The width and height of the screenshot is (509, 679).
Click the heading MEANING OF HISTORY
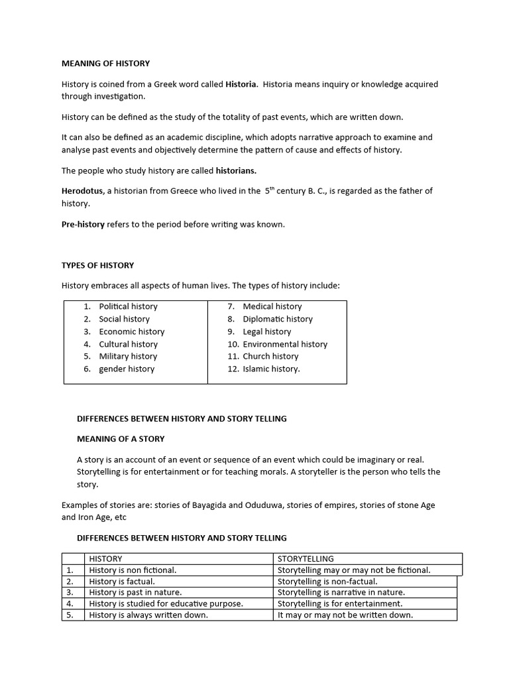tap(105, 64)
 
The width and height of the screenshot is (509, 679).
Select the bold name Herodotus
tap(82, 191)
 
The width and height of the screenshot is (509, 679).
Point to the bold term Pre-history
tap(83, 224)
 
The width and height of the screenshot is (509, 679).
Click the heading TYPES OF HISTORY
tap(97, 265)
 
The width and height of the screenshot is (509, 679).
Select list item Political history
tap(128, 306)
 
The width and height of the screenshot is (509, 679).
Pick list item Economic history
tap(131, 332)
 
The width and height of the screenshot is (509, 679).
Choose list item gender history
tap(127, 369)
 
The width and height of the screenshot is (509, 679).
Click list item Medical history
tap(272, 306)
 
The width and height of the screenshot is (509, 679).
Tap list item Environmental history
tap(285, 344)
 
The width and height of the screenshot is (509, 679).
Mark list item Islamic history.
tap(271, 369)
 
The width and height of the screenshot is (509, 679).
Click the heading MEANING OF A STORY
tap(121, 438)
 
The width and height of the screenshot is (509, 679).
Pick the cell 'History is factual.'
tap(121, 582)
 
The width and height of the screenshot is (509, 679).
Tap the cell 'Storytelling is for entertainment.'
tap(339, 603)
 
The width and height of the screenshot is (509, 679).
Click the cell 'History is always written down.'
tap(148, 615)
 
